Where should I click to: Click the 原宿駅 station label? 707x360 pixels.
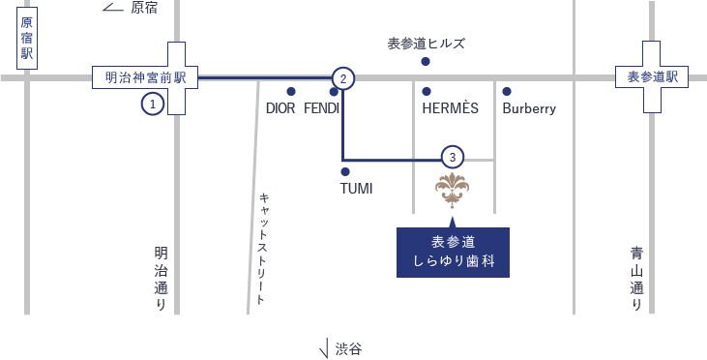pos(27,39)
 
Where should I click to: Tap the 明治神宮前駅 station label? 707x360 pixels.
pos(145,77)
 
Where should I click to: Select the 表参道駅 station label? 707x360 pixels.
pos(652,77)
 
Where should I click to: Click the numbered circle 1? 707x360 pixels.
pos(153,104)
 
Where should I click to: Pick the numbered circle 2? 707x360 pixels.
pos(343,78)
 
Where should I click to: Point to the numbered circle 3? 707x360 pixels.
pos(453,157)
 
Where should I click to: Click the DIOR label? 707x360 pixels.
pos(280,108)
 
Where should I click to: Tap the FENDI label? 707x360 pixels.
pos(322,108)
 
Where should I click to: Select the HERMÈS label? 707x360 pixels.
pos(451,108)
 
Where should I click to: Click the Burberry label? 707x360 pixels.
pos(529,108)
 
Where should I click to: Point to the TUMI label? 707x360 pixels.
pos(356,188)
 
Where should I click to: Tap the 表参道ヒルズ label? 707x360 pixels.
pos(427,44)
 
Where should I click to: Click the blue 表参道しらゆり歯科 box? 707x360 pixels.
pos(453,252)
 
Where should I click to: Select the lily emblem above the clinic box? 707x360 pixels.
pos(452,189)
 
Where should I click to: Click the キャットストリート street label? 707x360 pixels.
pos(262,248)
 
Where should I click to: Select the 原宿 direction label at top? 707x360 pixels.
pos(144,8)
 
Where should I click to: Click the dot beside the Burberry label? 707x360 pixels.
pos(507,92)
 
